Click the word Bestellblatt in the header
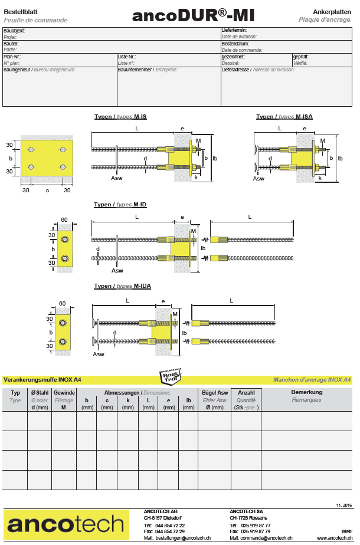[x=21, y=11]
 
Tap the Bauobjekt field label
[x=14, y=31]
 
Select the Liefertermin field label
[x=234, y=30]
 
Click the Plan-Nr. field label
[x=13, y=57]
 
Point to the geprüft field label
[x=300, y=57]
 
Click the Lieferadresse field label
[x=235, y=70]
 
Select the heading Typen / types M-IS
[x=121, y=117]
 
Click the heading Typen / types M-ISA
[x=284, y=117]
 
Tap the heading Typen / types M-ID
[x=120, y=205]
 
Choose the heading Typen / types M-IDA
[x=122, y=286]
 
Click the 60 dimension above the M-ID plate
[x=64, y=220]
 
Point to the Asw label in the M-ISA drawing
[x=258, y=179]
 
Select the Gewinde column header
[x=64, y=392]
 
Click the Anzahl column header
[x=246, y=392]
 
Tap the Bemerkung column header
[x=307, y=392]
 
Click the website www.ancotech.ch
[x=335, y=538]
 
